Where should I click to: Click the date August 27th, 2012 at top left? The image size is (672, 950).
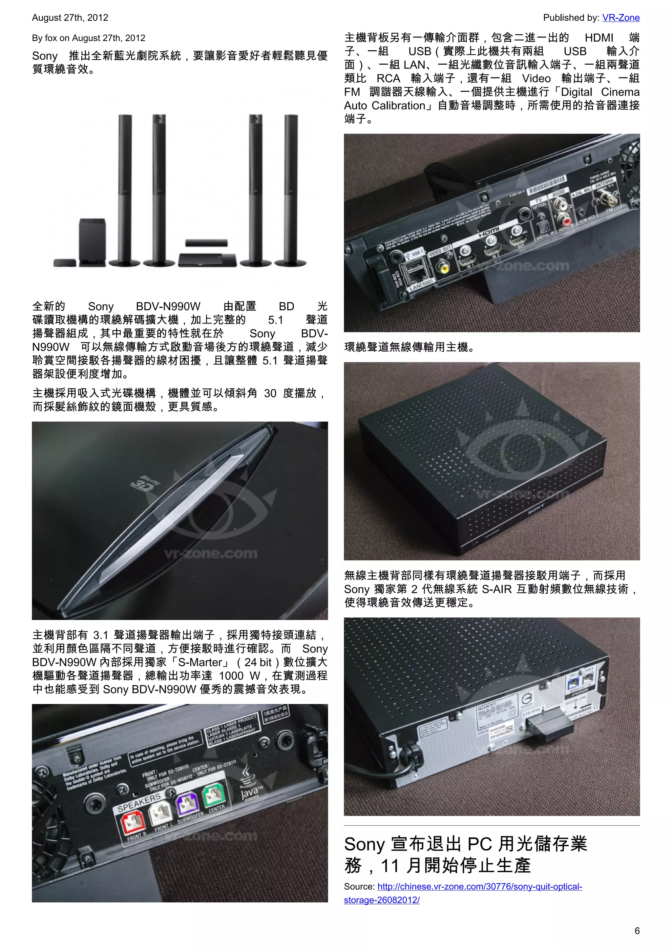[70, 18]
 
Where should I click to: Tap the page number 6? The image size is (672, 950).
[637, 931]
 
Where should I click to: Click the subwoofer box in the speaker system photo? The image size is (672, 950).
[92, 240]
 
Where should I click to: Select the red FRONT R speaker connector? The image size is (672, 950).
[133, 821]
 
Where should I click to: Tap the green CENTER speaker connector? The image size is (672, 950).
[214, 793]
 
